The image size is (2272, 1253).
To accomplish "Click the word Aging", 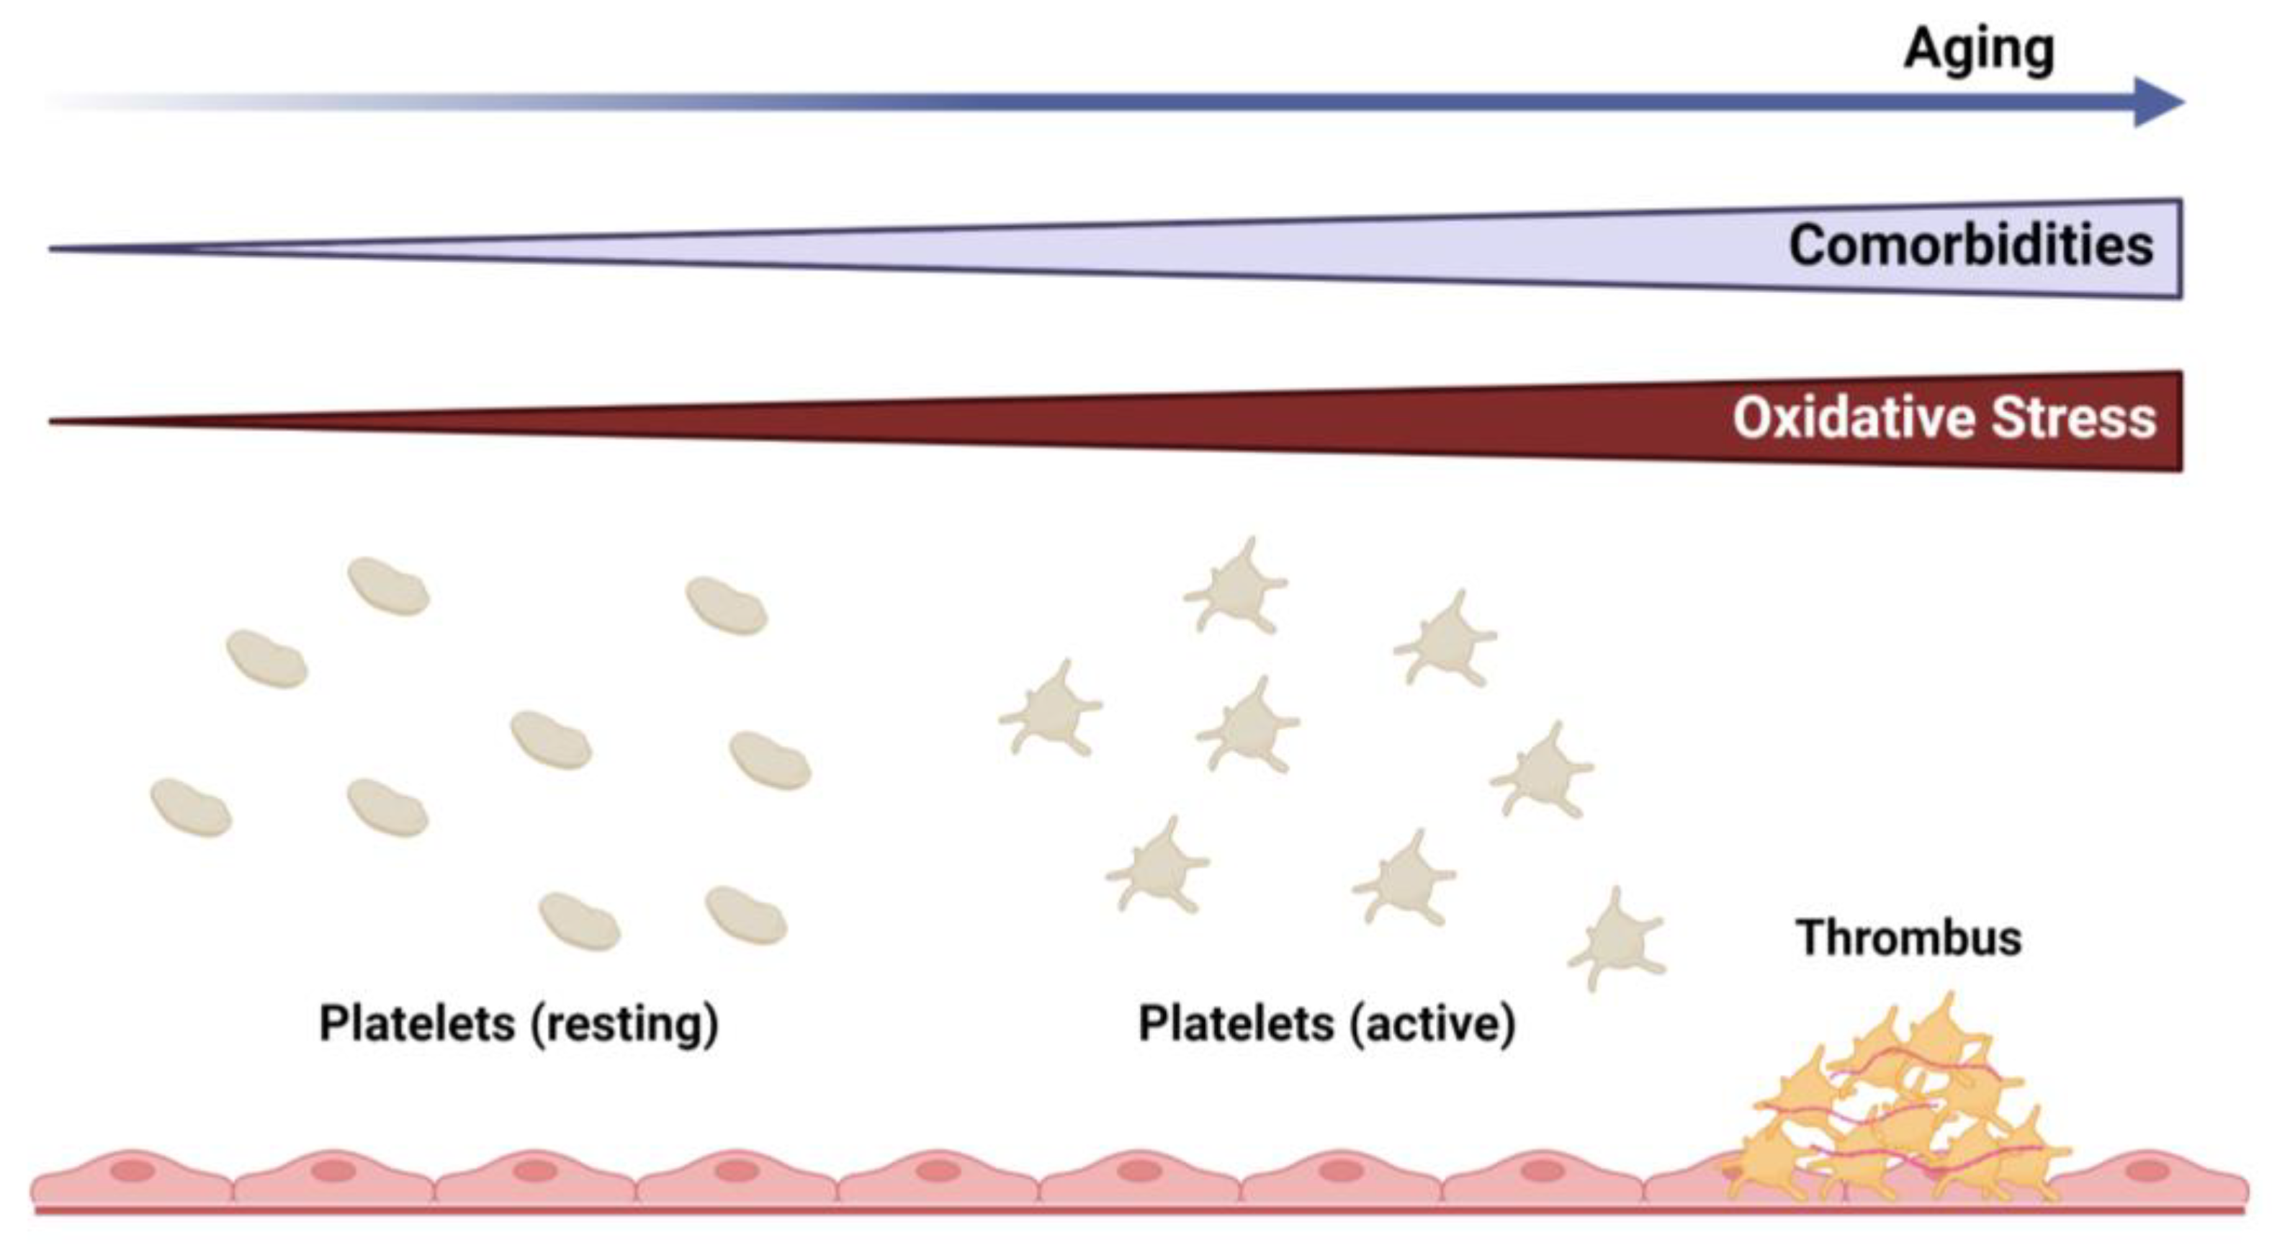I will coord(1979,50).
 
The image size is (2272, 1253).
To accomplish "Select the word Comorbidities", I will coord(1970,245).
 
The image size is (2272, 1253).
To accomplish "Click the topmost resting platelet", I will coord(388,586).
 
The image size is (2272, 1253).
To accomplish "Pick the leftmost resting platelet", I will coord(191,808).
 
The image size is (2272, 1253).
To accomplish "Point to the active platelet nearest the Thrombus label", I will coord(1617,942).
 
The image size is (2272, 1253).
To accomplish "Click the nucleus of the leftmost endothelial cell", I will coord(133,1172).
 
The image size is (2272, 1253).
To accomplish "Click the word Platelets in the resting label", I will coord(417,1025).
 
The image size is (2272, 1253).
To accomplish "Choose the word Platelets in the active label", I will coord(1236,1025).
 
